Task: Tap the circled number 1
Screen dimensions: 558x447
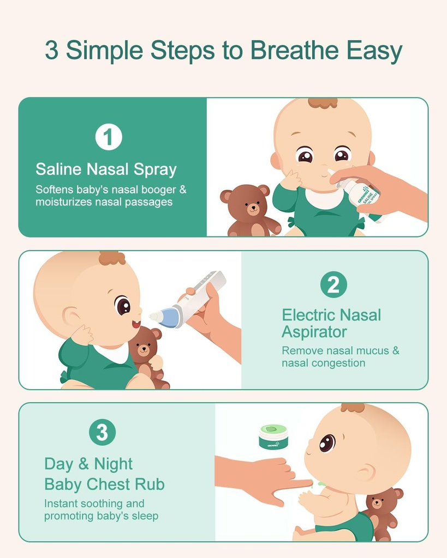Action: coord(108,137)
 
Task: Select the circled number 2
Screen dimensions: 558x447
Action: coord(333,284)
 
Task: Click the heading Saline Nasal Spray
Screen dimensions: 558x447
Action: coord(106,169)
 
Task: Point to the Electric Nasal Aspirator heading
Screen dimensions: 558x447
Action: coord(331,323)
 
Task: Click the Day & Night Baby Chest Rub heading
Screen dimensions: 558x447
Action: coord(104,474)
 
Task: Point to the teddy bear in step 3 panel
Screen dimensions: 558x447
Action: coord(380,511)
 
